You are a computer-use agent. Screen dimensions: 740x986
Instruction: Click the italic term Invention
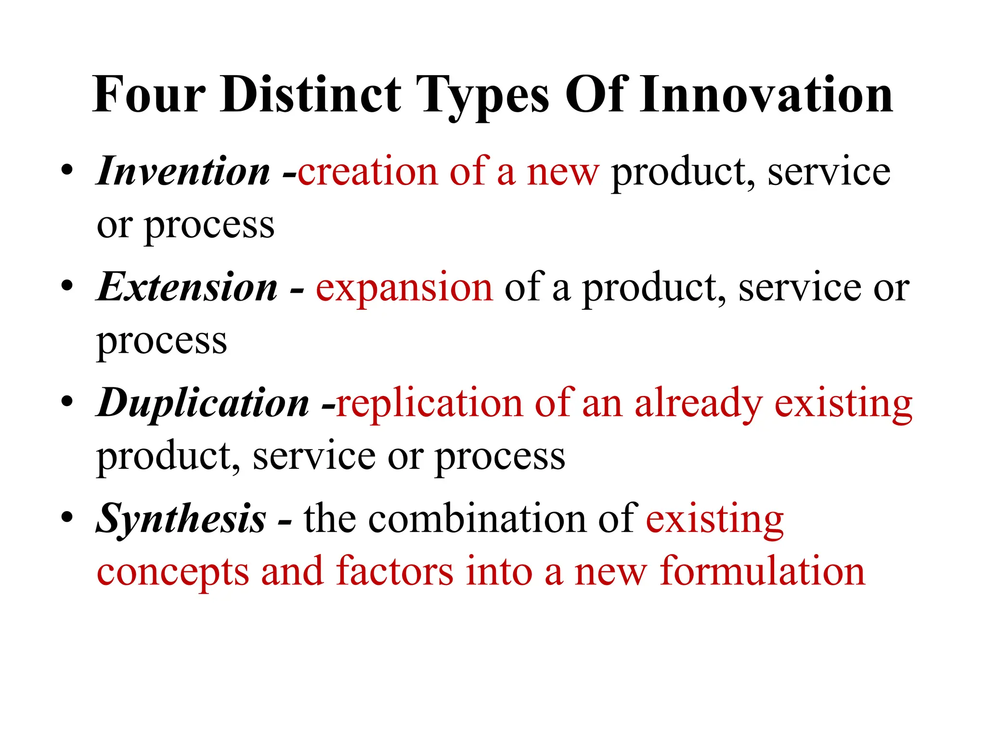pos(183,172)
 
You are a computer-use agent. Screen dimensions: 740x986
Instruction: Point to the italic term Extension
pos(187,288)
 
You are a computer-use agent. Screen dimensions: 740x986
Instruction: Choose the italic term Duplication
pos(203,403)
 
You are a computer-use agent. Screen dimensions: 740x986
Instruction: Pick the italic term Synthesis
pos(181,519)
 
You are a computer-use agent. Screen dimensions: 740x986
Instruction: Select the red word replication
pos(429,404)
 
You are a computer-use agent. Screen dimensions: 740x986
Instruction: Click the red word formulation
pos(763,571)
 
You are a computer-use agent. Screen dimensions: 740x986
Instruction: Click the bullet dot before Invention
pos(67,171)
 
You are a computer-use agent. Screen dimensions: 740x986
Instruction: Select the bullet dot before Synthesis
pos(67,517)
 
